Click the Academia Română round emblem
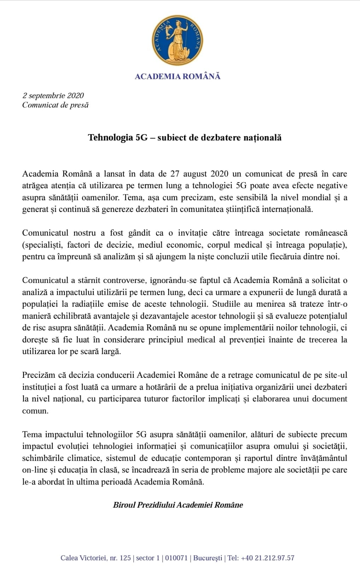click(x=177, y=40)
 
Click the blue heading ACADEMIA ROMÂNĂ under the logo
click(x=177, y=76)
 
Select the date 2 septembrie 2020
click(x=53, y=96)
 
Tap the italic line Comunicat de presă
click(x=55, y=105)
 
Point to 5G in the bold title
click(x=141, y=138)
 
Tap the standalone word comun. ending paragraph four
click(x=35, y=411)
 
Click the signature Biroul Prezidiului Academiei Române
click(x=178, y=505)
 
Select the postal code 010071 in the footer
click(x=176, y=558)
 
